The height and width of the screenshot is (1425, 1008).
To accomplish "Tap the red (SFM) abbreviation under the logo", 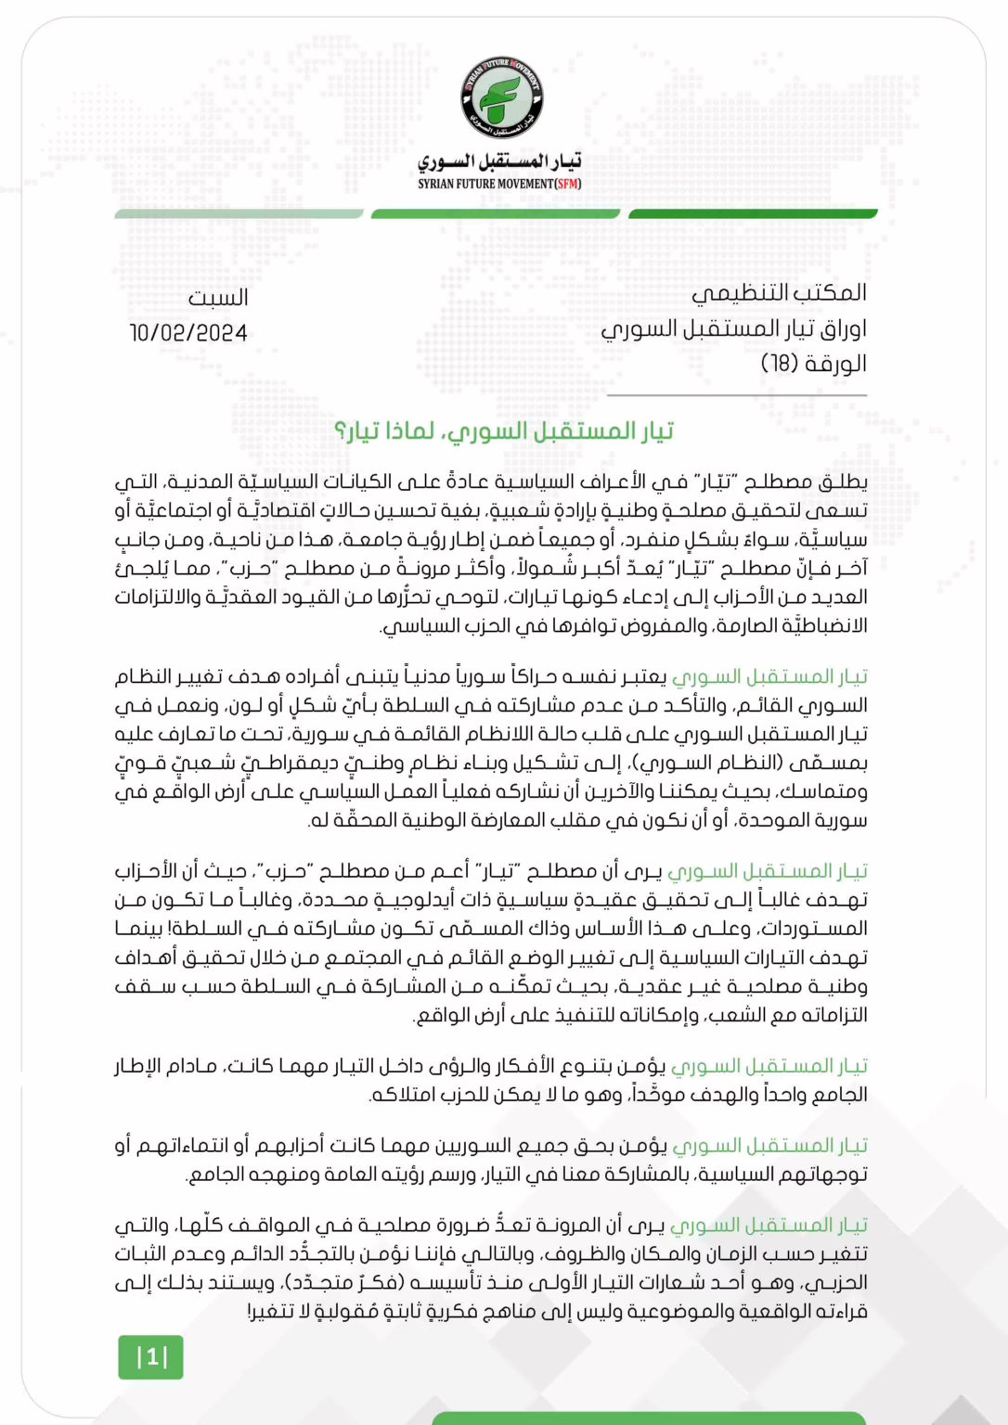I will pos(568,184).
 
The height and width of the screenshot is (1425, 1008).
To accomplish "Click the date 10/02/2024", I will pos(188,333).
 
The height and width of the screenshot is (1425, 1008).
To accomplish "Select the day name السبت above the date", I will pos(218,298).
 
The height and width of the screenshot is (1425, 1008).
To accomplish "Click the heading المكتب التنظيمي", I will pos(779,293).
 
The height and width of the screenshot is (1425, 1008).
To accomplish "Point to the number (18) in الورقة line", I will pos(780,364).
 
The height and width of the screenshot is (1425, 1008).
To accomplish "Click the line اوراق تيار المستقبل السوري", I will pos(733,328).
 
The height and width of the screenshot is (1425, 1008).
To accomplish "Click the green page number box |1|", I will pos(150,1357).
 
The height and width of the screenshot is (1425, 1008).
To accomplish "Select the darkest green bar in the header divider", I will pos(752,214).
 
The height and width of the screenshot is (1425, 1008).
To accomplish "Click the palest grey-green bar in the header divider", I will pos(239,214).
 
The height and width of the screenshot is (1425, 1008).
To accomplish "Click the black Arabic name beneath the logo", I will pos(499,162).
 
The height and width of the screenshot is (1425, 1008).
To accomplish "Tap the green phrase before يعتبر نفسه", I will pos(769,677).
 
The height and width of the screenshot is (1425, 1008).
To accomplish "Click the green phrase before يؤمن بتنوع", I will pos(769,1067).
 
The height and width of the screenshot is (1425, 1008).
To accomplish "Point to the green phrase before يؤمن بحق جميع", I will pos(769,1146).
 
